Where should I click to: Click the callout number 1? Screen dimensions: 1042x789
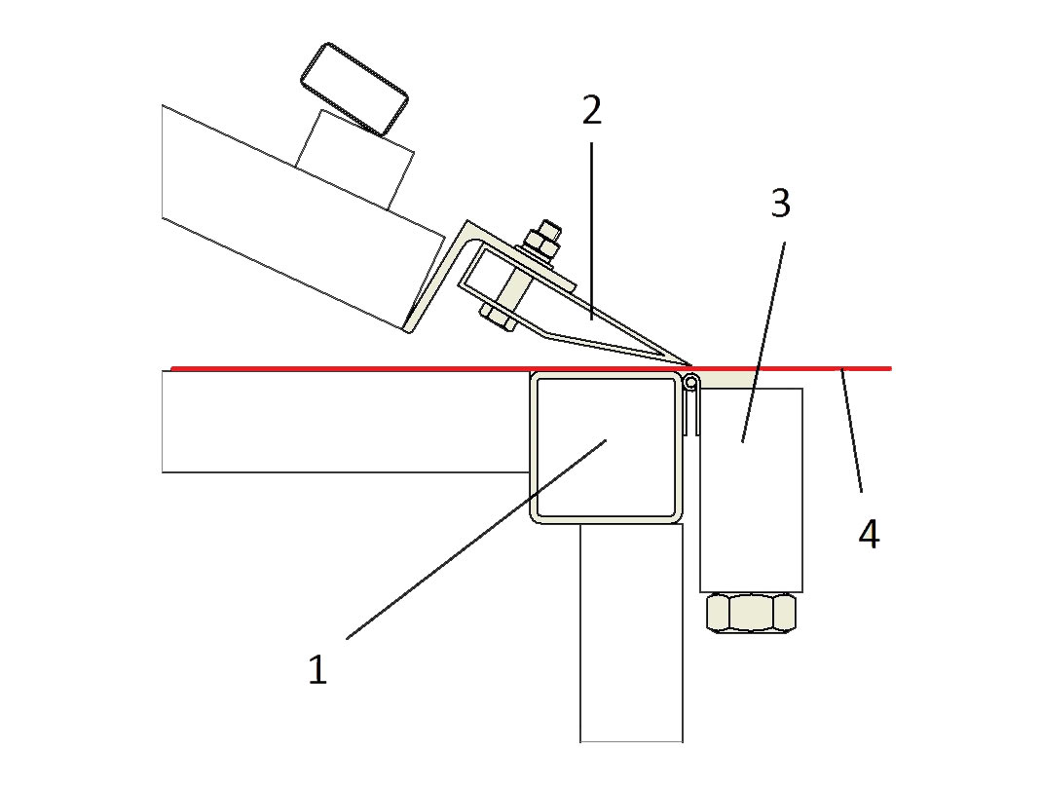pos(317,669)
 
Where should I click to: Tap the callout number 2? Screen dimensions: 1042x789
pos(591,110)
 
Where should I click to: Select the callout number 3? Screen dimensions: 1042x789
pos(781,203)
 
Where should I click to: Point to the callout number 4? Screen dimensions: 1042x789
pos(870,534)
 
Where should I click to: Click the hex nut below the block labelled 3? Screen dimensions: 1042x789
pos(752,612)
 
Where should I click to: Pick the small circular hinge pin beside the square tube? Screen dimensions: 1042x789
pos(691,383)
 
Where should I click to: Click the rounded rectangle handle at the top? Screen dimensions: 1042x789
pos(354,89)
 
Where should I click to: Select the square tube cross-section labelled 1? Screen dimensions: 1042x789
pos(607,447)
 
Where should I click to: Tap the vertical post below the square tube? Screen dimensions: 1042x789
pos(631,632)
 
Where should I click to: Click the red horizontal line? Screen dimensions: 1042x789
pos(531,367)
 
